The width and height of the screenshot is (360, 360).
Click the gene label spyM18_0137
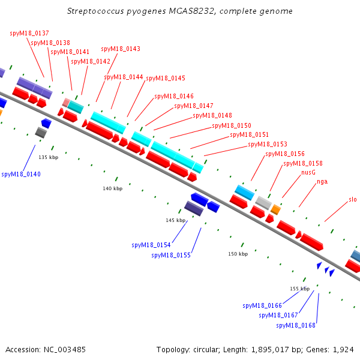click(x=29, y=33)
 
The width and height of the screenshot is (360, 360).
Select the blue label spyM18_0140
click(x=21, y=174)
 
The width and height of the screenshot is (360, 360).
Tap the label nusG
click(x=308, y=172)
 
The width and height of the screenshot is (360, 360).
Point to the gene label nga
click(x=322, y=182)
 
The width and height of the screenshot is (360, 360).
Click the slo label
click(x=353, y=199)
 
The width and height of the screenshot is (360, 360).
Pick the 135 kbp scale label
click(x=49, y=157)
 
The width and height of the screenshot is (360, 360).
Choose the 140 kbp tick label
click(x=113, y=188)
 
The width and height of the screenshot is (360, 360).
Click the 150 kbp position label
click(x=238, y=254)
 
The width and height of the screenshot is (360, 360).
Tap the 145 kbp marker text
click(x=176, y=220)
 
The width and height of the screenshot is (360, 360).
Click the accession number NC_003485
click(x=65, y=350)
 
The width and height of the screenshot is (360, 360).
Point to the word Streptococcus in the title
click(x=95, y=11)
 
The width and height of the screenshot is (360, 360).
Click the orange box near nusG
click(x=275, y=209)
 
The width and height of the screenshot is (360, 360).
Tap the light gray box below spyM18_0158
click(x=263, y=203)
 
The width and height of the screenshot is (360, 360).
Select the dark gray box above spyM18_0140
click(x=41, y=133)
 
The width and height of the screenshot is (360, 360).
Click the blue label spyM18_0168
click(x=296, y=326)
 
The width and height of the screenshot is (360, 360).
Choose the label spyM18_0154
click(x=151, y=245)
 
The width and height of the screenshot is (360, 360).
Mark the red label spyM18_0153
click(x=268, y=144)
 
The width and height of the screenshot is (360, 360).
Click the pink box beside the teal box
click(x=66, y=103)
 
